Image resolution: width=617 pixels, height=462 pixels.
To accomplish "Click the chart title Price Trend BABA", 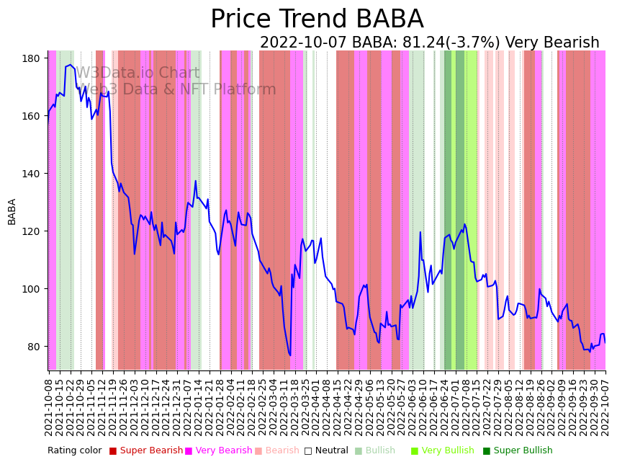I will click(x=317, y=19).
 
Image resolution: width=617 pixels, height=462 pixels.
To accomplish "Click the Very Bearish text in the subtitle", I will click(x=552, y=43).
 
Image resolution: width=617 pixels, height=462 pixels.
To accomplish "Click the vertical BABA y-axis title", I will click(x=12, y=211).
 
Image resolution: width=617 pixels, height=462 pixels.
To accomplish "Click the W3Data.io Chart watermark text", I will click(x=138, y=74).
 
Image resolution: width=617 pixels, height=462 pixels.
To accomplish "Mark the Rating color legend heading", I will click(x=75, y=451).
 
